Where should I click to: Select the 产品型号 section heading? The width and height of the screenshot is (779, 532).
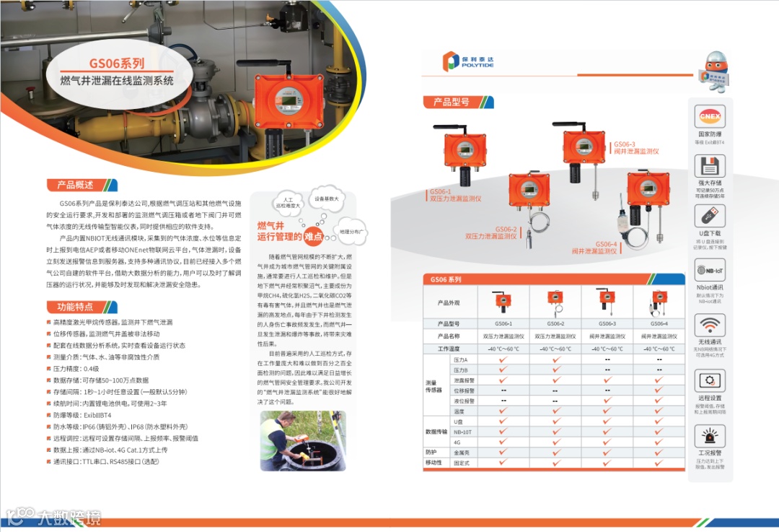click(452, 103)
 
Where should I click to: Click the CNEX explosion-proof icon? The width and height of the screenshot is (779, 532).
click(709, 117)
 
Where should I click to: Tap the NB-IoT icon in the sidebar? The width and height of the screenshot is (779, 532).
click(709, 270)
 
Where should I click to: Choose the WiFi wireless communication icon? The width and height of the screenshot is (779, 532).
click(709, 324)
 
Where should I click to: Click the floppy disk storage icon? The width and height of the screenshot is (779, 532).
click(709, 165)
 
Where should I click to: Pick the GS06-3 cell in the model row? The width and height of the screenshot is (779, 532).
click(607, 324)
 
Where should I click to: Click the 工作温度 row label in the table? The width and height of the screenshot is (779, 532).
click(449, 349)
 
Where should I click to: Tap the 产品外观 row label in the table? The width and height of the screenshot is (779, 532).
click(449, 302)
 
